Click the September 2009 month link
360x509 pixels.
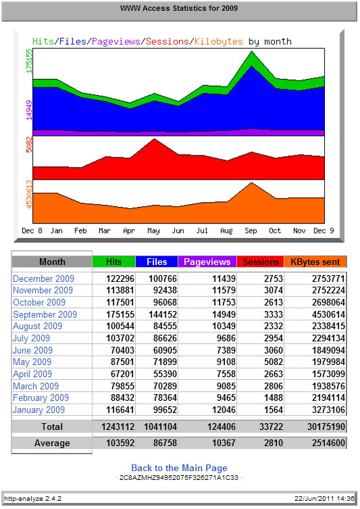coord(45,314)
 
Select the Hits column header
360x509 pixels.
coord(113,262)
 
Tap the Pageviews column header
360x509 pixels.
coord(207,262)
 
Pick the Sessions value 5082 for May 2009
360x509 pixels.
coord(274,362)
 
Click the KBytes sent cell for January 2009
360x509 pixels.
coord(328,410)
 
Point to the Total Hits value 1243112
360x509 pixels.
coord(118,427)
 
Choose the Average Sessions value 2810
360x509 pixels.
coord(274,443)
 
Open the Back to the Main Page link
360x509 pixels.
coord(179,468)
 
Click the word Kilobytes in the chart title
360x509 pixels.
coord(219,41)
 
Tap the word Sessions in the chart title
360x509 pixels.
coord(168,41)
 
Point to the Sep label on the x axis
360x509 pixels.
coord(251,231)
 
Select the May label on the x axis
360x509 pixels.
coord(153,231)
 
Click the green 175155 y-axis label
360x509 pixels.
coord(29,61)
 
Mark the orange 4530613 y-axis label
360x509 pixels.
coord(29,195)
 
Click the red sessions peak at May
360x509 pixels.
coord(155,139)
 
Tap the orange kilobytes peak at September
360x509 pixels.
coord(251,183)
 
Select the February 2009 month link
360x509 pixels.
coord(41,397)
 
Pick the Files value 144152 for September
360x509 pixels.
coord(163,314)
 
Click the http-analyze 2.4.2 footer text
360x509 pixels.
coord(32,499)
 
